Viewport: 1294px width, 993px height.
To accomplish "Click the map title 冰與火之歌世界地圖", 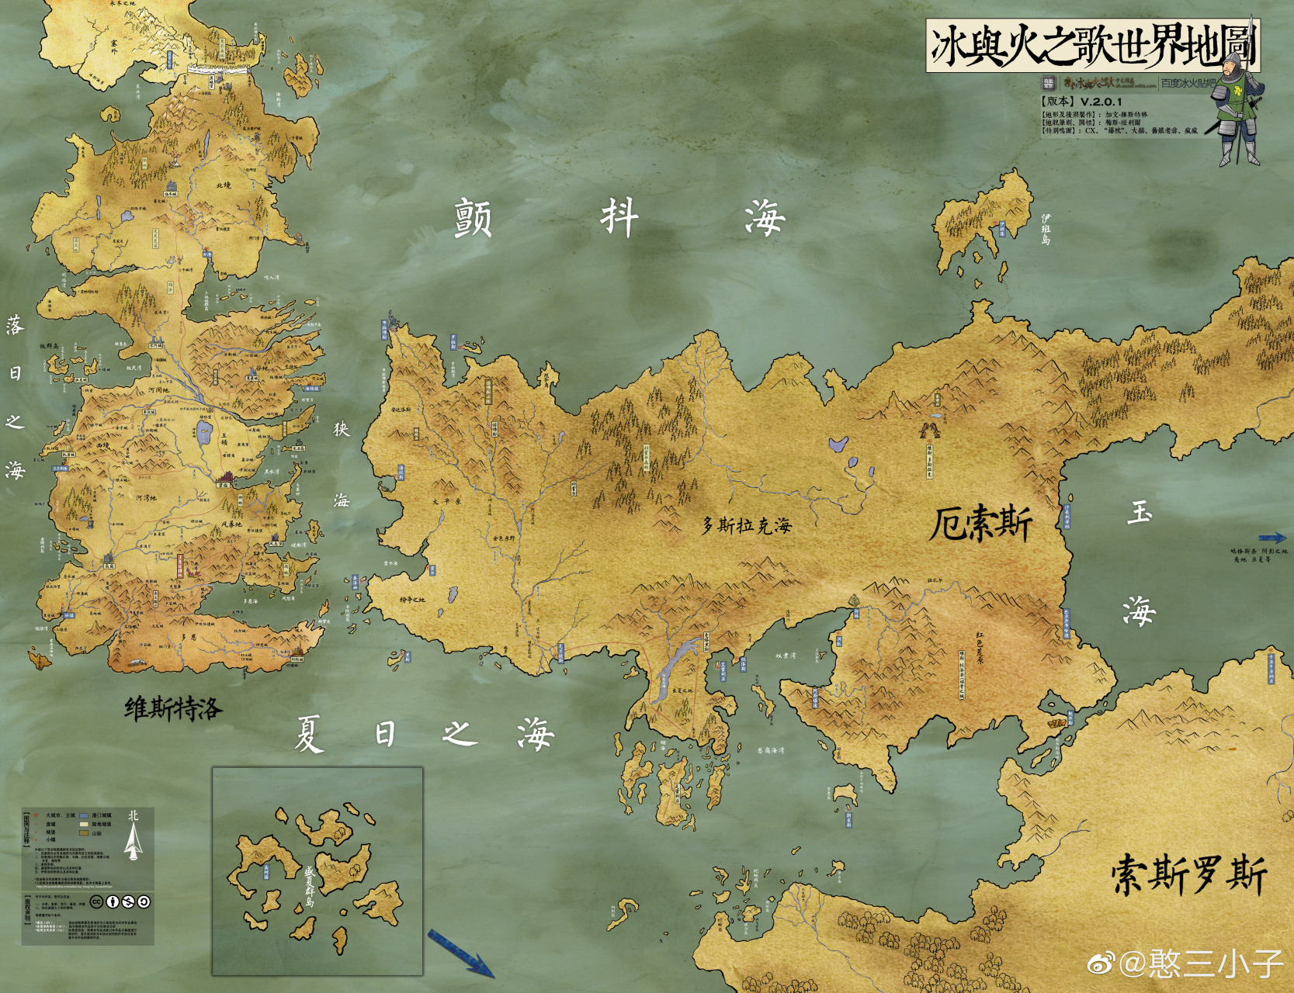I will click(x=1092, y=46).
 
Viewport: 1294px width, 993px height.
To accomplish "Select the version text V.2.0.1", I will click(x=1101, y=102).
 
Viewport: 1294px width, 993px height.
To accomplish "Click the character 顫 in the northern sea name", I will click(x=473, y=218).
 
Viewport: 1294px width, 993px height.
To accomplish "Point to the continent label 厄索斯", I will click(x=980, y=524).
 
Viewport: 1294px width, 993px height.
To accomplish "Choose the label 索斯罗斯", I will click(x=1188, y=875).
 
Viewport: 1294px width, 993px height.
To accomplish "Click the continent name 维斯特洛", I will click(x=173, y=708).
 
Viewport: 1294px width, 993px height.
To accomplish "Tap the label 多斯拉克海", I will click(x=747, y=526).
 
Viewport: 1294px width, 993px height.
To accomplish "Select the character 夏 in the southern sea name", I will click(x=309, y=734).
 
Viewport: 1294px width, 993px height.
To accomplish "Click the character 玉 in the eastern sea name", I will click(x=1140, y=513).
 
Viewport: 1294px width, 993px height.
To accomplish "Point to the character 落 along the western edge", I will click(x=15, y=325).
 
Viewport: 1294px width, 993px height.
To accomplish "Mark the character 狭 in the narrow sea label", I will click(x=342, y=429).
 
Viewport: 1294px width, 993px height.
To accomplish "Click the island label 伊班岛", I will click(x=1046, y=229).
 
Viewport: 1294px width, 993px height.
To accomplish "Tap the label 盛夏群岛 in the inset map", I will click(x=309, y=886).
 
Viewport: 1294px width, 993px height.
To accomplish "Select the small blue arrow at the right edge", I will click(x=1271, y=537).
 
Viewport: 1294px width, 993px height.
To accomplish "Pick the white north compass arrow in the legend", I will click(x=134, y=842).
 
